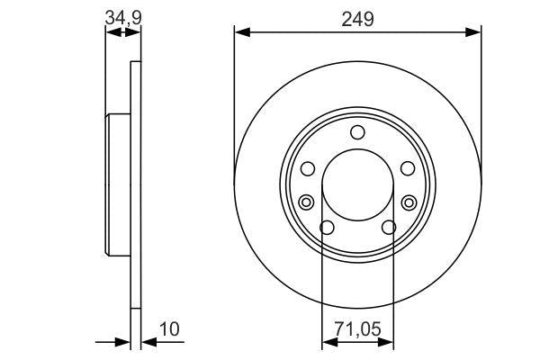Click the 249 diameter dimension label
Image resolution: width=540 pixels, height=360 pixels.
tap(357, 18)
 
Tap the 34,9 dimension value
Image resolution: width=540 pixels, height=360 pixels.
tap(123, 15)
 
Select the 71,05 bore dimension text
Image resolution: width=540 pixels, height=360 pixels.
tap(357, 331)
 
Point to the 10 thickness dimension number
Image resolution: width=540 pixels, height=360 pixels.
tap(170, 330)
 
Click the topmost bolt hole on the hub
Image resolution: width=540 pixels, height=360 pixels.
tap(357, 133)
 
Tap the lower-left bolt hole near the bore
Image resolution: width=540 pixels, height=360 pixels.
tap(327, 228)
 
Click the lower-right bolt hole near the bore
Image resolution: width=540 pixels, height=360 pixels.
tap(389, 228)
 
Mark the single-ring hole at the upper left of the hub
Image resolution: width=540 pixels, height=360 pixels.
tap(307, 168)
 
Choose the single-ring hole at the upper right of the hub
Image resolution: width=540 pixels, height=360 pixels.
tap(408, 168)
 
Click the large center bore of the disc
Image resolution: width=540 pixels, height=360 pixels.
tap(357, 184)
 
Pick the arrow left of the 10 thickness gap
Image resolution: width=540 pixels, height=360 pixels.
tap(124, 342)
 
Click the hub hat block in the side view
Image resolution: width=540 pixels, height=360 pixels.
tap(119, 184)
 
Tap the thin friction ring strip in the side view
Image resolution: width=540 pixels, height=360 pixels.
tap(136, 184)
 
